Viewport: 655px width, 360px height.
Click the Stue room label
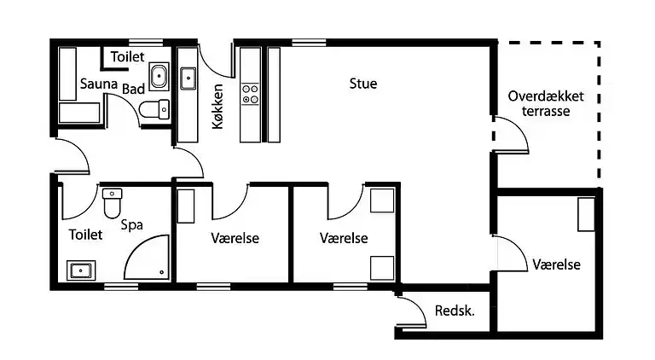point(362,84)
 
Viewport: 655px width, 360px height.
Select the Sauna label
point(98,84)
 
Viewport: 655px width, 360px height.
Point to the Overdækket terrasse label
point(546,104)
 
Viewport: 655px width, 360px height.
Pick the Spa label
point(131,225)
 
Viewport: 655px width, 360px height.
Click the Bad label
point(132,89)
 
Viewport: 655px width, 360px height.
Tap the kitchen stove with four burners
point(250,93)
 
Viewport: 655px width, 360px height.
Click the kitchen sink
point(188,78)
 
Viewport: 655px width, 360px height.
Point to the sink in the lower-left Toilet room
point(82,271)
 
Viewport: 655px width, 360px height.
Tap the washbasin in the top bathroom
point(159,77)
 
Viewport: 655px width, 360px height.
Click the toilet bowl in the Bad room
point(155,109)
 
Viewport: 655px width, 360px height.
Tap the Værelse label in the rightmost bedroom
point(556,265)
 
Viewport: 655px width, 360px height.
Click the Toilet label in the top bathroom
point(127,56)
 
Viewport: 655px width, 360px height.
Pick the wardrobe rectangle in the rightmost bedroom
point(586,215)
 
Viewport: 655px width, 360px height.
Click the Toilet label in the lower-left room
point(85,234)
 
